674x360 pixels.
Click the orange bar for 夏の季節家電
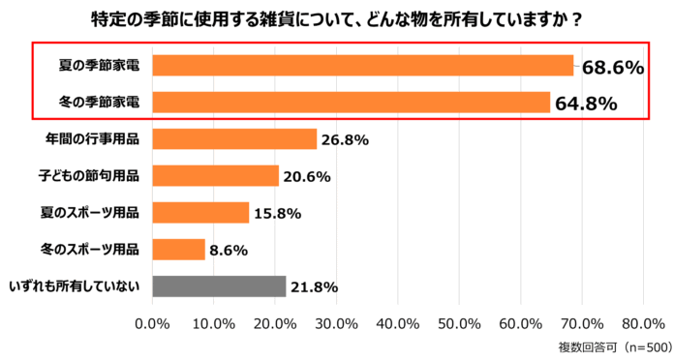363,66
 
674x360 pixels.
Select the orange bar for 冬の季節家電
352,103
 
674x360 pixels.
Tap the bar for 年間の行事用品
234,139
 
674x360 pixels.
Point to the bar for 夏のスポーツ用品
200,213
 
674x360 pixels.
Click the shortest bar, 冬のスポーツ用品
179,250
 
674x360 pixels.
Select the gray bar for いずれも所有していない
219,286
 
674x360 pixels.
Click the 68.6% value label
612,68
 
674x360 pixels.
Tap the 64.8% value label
586,104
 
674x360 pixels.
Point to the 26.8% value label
346,140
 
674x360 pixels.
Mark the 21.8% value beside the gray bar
315,287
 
